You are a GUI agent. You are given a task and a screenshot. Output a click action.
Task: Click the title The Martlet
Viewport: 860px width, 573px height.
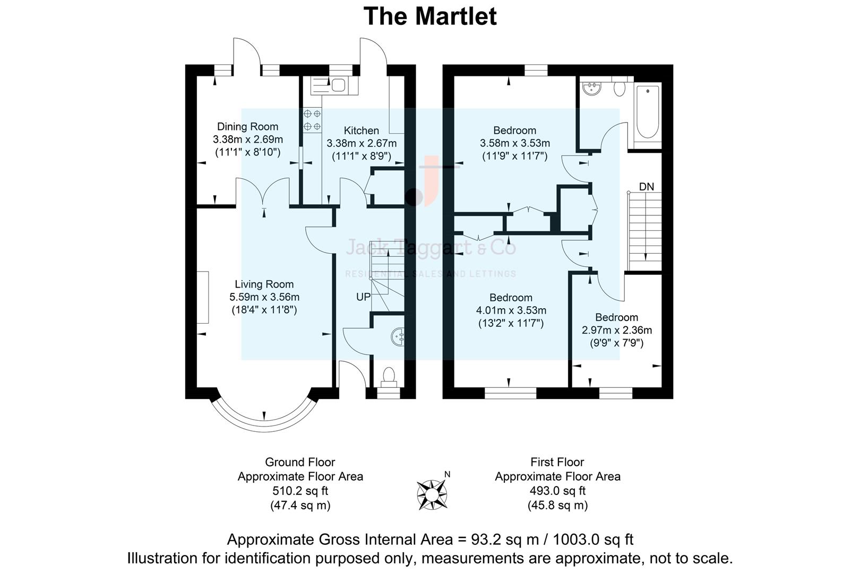pyautogui.click(x=429, y=16)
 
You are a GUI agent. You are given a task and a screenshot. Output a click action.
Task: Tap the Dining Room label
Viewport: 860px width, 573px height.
pyautogui.click(x=247, y=126)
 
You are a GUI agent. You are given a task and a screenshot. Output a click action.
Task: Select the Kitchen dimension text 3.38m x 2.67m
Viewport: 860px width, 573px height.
pyautogui.click(x=362, y=143)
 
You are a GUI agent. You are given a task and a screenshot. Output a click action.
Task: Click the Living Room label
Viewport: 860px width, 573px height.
pyautogui.click(x=264, y=284)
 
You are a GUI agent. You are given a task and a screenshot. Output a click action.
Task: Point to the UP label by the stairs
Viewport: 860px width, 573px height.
pyautogui.click(x=363, y=297)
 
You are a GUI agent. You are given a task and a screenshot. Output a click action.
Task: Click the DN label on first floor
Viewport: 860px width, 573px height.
pyautogui.click(x=646, y=187)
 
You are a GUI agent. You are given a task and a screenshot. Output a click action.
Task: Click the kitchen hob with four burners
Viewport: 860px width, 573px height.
pyautogui.click(x=312, y=120)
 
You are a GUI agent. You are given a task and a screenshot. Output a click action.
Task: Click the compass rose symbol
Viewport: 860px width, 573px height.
pyautogui.click(x=431, y=493)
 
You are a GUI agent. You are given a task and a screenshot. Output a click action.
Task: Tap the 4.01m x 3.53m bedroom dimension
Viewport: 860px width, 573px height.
pyautogui.click(x=511, y=310)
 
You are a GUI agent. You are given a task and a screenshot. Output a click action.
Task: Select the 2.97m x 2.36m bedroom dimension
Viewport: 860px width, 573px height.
pyautogui.click(x=617, y=330)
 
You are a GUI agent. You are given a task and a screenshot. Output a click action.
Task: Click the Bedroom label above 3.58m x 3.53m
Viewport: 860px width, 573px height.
pyautogui.click(x=514, y=130)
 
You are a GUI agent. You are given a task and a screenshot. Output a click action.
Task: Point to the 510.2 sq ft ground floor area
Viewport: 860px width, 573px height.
pyautogui.click(x=300, y=491)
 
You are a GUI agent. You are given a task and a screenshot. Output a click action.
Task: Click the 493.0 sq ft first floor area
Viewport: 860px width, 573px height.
pyautogui.click(x=557, y=491)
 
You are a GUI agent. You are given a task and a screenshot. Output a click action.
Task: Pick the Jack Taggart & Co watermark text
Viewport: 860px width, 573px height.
pyautogui.click(x=431, y=247)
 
